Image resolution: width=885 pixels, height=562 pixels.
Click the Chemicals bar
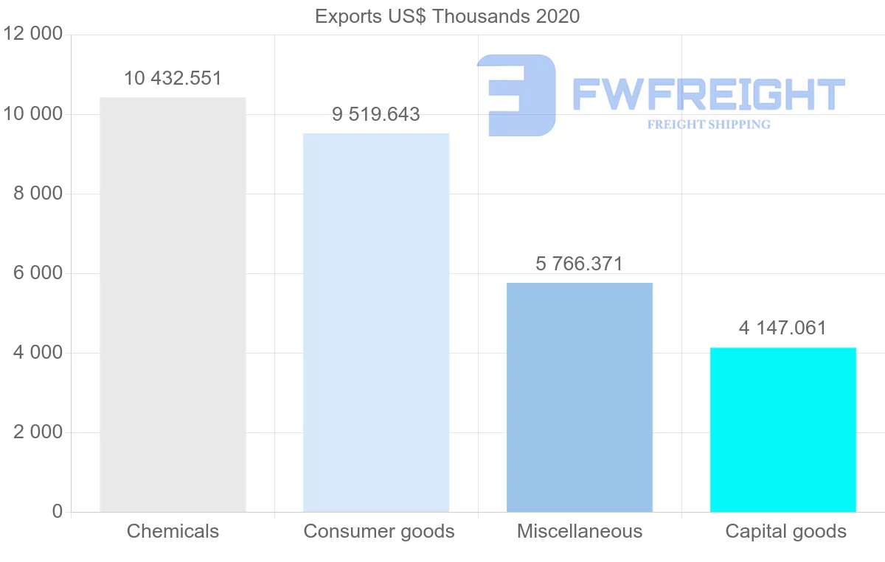click(x=173, y=304)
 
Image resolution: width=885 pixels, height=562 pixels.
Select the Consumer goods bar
click(x=376, y=323)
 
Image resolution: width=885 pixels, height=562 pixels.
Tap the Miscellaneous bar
click(x=580, y=397)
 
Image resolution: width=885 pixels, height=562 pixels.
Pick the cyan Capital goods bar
click(x=783, y=429)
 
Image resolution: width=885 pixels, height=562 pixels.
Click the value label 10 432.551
click(x=173, y=79)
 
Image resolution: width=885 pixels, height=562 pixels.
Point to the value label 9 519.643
click(x=376, y=115)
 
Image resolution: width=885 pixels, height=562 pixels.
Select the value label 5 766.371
click(x=580, y=264)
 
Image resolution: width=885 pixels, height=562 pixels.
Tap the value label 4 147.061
click(x=783, y=329)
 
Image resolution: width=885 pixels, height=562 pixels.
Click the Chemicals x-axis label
click(x=173, y=531)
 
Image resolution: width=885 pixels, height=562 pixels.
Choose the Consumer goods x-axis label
click(x=379, y=531)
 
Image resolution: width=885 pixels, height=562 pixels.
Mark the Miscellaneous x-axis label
click(x=580, y=531)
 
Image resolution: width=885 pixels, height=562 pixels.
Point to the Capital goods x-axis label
click(x=786, y=531)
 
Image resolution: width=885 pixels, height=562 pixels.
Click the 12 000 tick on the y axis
click(x=33, y=35)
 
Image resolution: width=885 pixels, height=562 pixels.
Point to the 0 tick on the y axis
click(x=58, y=512)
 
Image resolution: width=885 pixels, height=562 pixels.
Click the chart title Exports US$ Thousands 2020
click(x=447, y=16)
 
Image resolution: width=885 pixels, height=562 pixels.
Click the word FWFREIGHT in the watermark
click(x=708, y=94)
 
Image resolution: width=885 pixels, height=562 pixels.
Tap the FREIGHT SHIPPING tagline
click(x=709, y=124)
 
